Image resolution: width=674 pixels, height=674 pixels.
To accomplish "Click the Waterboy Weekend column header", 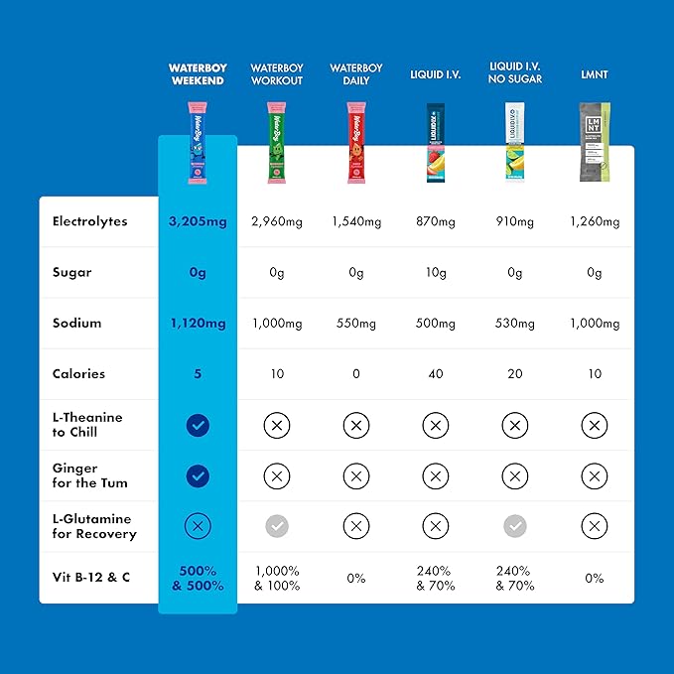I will (x=198, y=74).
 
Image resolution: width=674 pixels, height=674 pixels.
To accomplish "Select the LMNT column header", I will (x=595, y=74).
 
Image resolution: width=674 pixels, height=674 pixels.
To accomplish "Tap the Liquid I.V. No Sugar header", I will (x=514, y=74).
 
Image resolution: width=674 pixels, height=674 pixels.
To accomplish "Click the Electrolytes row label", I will (x=90, y=221).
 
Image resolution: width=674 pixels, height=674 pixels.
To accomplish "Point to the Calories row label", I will (x=78, y=374).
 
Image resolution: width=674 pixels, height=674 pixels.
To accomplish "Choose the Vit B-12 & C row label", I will (x=90, y=578).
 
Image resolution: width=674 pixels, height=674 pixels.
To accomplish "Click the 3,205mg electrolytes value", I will (x=198, y=221).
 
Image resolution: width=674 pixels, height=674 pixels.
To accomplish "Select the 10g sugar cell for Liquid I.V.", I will (x=435, y=272).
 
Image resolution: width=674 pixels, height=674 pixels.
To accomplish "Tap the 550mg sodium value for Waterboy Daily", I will (x=355, y=324).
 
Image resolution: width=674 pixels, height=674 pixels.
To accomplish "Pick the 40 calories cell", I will (x=435, y=374).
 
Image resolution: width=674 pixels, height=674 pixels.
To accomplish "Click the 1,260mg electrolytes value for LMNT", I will (x=595, y=221).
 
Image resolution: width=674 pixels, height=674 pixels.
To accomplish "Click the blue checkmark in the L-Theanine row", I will (x=198, y=426).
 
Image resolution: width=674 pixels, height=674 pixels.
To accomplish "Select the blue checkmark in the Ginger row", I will (x=198, y=476).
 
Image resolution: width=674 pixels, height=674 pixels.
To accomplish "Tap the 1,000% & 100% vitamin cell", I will (x=277, y=578).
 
